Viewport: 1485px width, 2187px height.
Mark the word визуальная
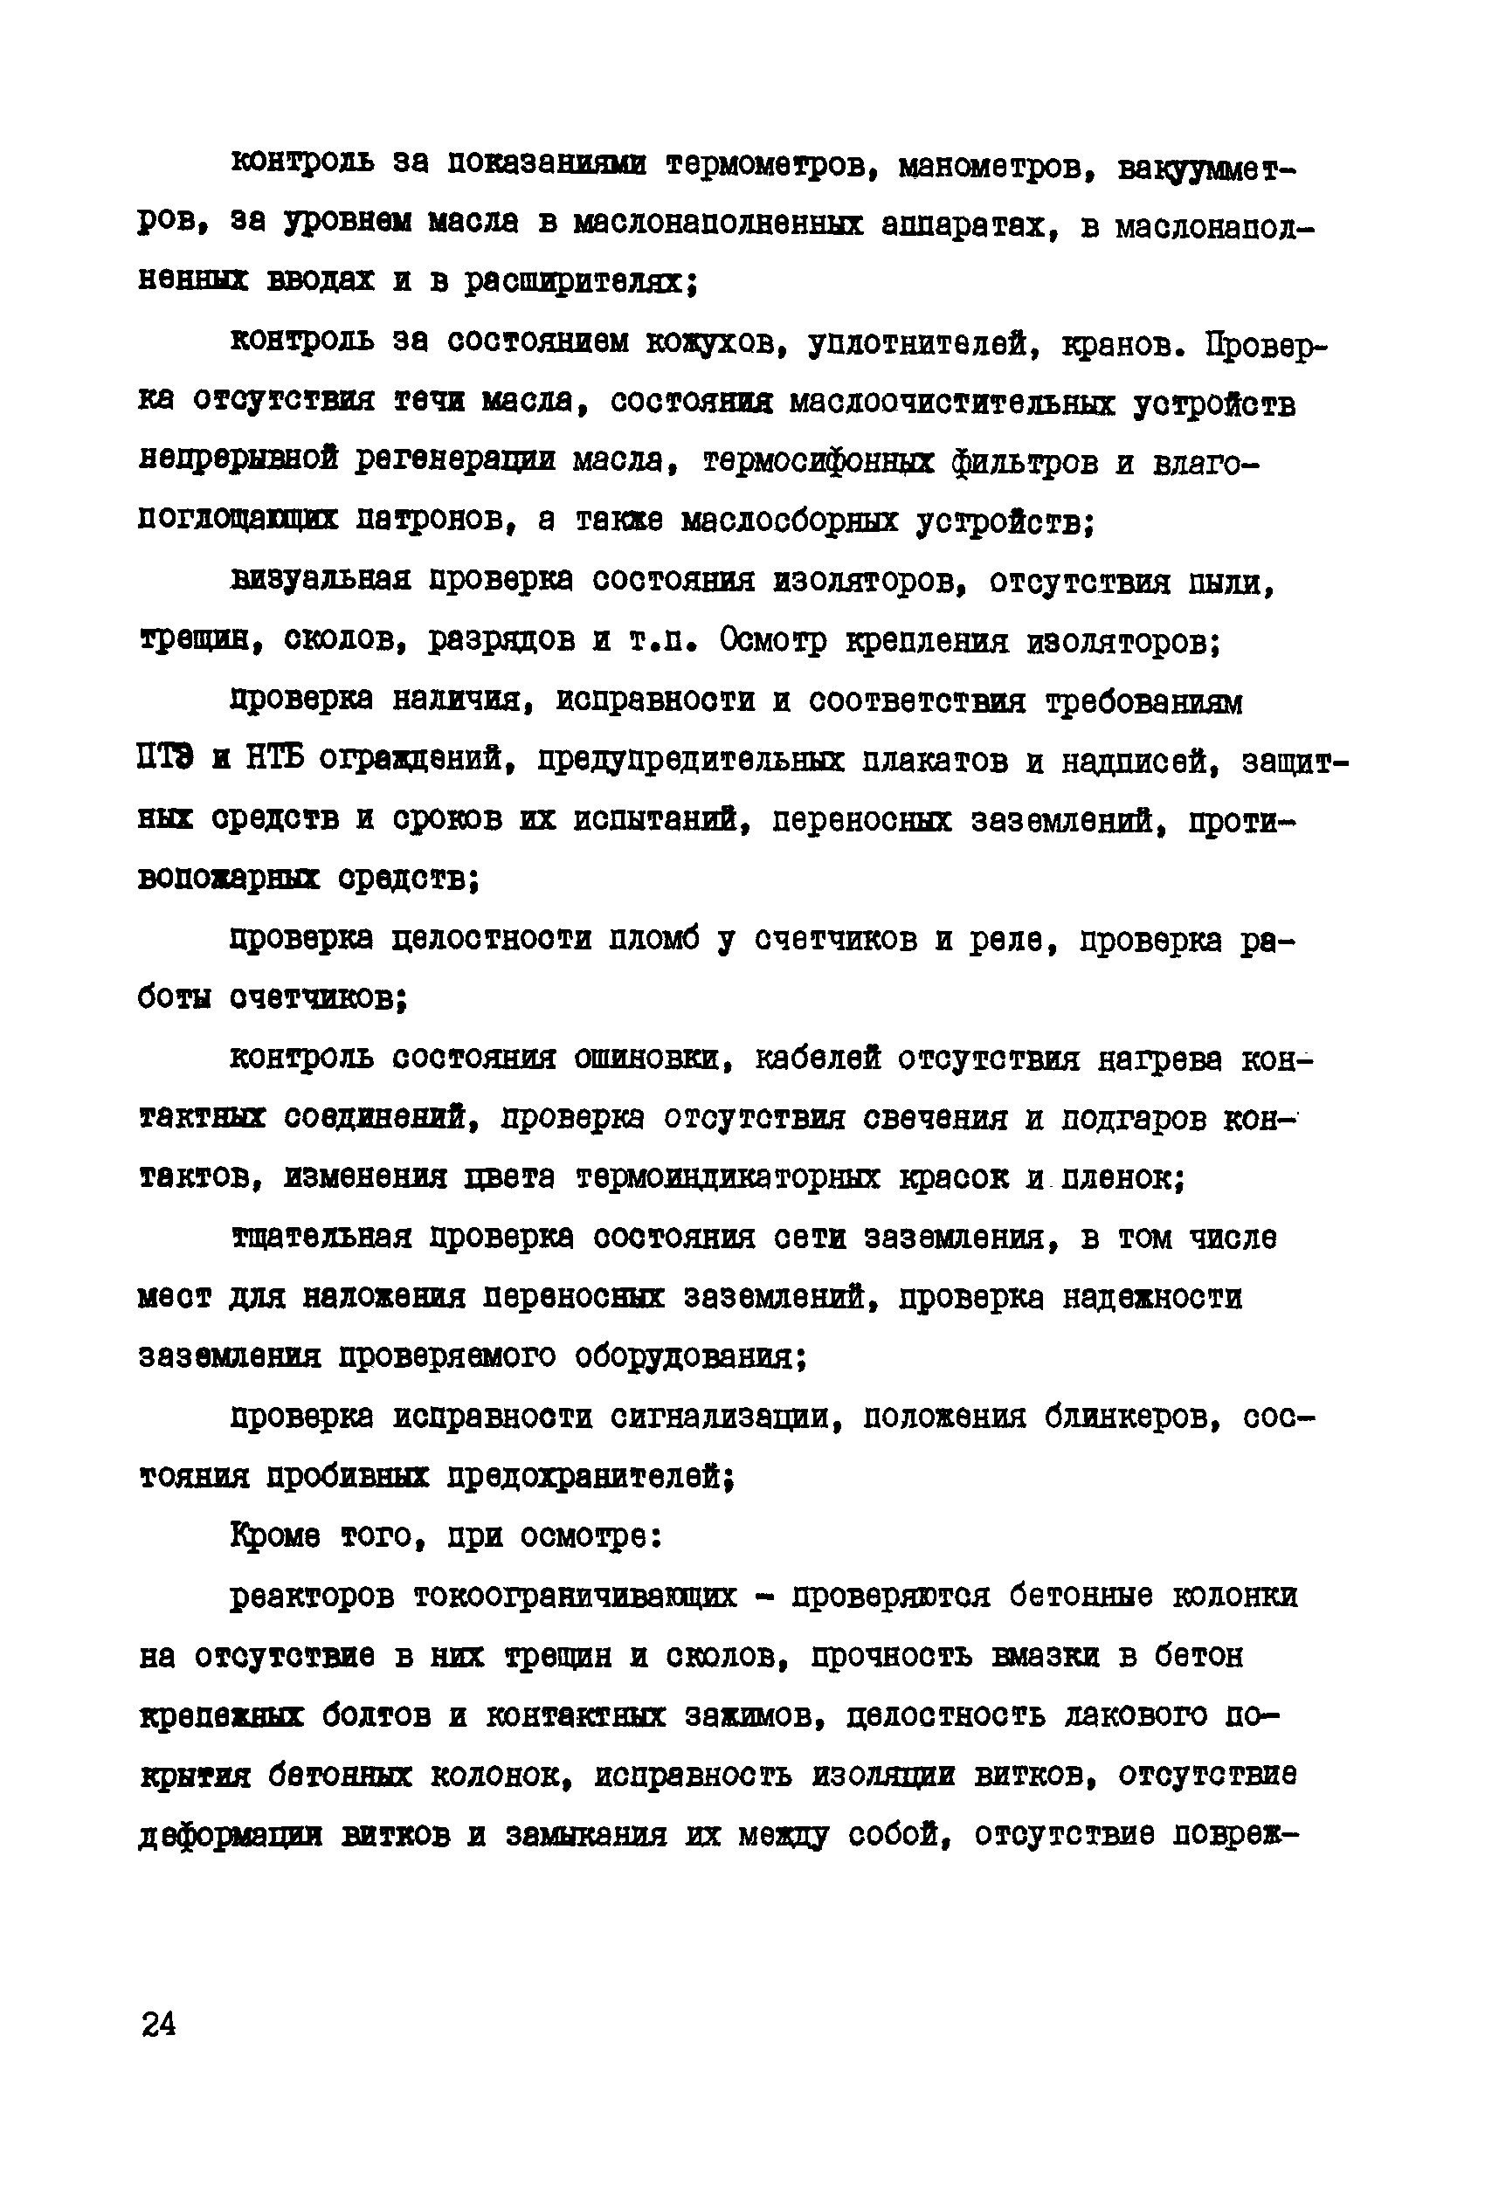click(320, 581)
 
